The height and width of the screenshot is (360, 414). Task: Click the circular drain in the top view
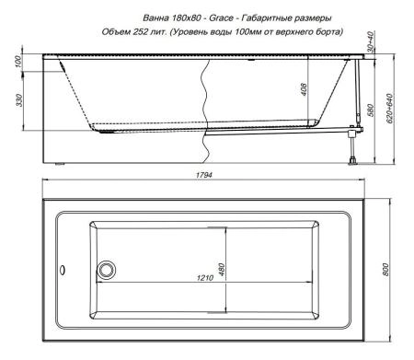click(107, 270)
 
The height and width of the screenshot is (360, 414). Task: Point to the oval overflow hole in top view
click(63, 271)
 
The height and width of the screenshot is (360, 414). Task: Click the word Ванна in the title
click(158, 17)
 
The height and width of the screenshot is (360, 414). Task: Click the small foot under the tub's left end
click(62, 166)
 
